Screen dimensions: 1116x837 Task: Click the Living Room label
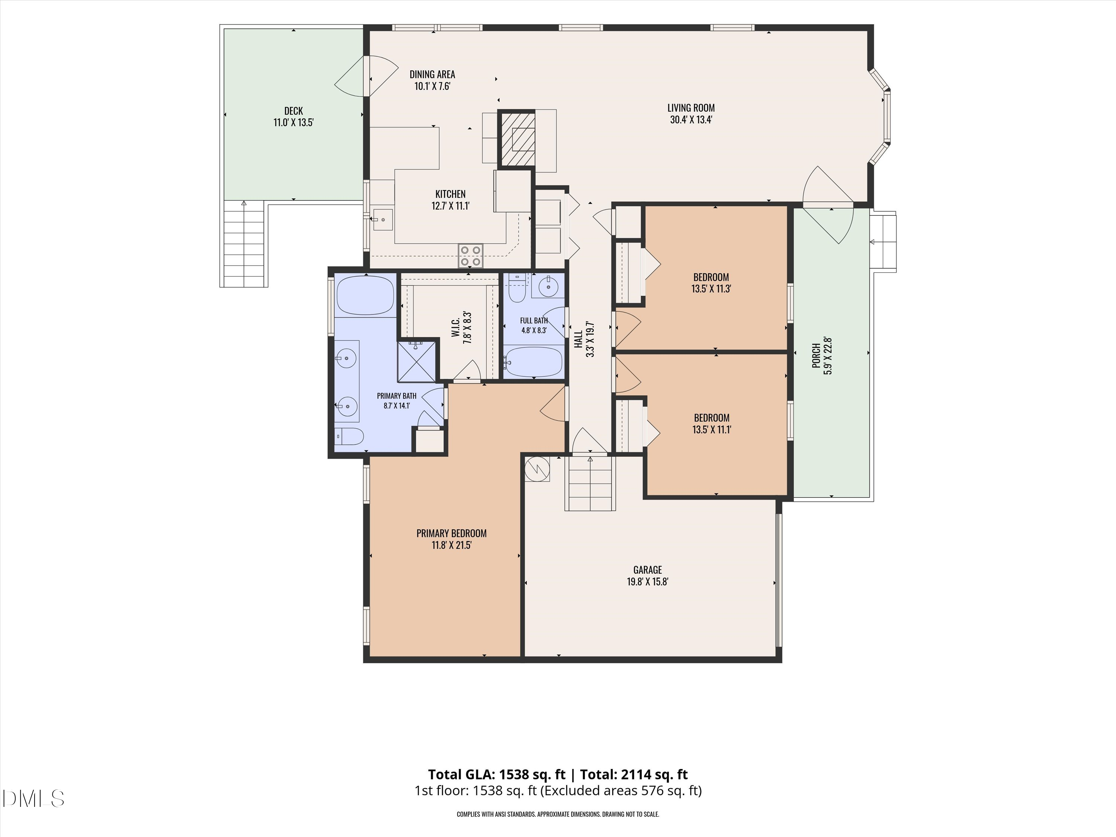(x=691, y=108)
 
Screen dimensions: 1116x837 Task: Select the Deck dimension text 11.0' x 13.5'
(x=294, y=123)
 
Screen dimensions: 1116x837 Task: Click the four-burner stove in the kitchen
(x=470, y=256)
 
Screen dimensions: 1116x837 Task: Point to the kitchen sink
(x=383, y=220)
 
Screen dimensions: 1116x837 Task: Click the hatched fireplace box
(x=517, y=138)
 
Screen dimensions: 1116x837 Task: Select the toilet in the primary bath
(x=349, y=436)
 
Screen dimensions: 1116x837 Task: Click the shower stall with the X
(x=416, y=362)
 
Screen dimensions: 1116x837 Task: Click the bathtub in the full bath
(x=533, y=361)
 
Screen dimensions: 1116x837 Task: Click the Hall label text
(x=578, y=339)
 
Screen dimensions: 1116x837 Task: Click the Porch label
(x=816, y=356)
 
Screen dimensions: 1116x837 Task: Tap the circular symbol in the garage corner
(x=537, y=469)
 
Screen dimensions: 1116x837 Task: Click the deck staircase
(x=244, y=244)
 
